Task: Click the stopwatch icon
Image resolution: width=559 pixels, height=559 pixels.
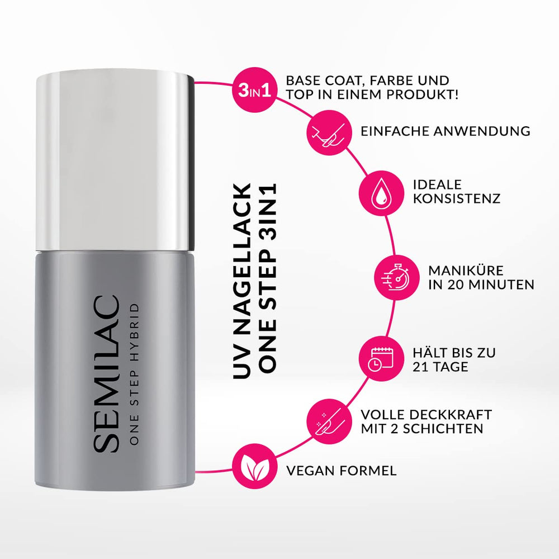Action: click(x=395, y=277)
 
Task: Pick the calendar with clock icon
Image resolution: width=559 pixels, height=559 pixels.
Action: click(x=381, y=360)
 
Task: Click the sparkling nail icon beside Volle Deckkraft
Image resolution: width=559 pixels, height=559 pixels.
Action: click(x=329, y=422)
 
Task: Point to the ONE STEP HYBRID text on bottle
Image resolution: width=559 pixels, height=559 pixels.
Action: click(x=132, y=374)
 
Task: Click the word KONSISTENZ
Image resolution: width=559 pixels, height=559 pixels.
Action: click(x=456, y=199)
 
